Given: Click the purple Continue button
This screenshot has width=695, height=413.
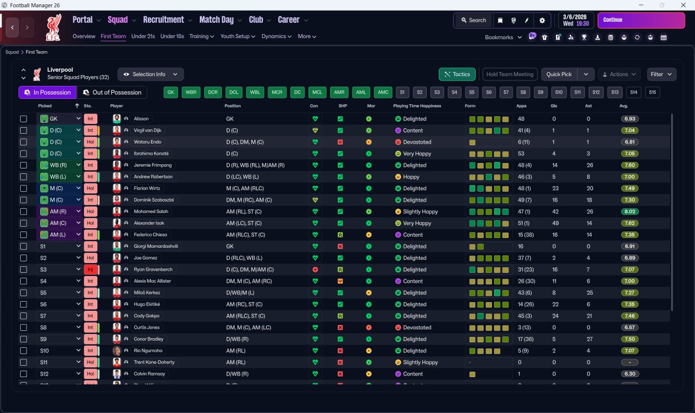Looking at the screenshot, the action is point(641,20).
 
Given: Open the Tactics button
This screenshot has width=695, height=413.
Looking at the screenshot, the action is point(457,74).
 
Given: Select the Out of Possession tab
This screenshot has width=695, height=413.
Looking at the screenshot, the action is point(112,92).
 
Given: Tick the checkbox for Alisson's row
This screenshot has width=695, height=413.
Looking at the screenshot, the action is point(23,118).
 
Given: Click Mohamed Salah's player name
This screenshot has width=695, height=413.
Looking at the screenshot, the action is point(151,211).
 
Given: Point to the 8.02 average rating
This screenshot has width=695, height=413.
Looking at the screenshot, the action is point(629,211).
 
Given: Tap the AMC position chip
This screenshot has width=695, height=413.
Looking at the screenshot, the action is point(383,92).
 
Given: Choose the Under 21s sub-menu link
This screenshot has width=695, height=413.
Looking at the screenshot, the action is point(143,36).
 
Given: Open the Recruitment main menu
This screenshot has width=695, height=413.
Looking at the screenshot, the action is point(163,20).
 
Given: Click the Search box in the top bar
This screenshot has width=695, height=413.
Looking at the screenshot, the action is point(473,20).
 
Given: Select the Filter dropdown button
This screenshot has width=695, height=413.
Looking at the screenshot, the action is point(661,74).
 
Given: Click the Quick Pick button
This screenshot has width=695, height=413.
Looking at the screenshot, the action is point(559,74).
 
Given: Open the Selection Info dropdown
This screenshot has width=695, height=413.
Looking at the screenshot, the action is point(150,74).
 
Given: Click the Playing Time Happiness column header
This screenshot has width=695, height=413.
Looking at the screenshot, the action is point(417,106).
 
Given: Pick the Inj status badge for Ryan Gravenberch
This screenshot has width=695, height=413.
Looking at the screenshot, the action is point(90,270).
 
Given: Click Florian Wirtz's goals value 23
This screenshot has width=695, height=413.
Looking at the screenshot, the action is point(555,188).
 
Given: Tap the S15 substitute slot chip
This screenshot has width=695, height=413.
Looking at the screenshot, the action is point(652,92).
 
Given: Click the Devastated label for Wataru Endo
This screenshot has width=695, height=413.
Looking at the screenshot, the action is point(417,142).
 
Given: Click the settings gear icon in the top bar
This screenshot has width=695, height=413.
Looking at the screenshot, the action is point(542,20).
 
